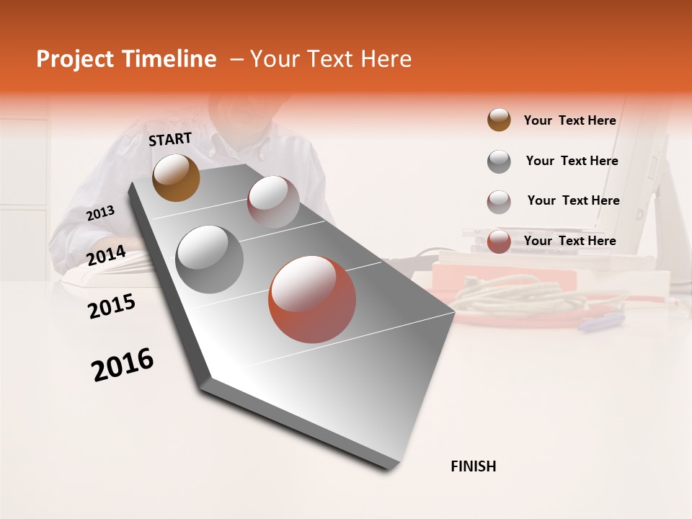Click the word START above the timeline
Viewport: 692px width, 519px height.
click(170, 139)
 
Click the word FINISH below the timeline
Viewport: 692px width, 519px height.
click(473, 466)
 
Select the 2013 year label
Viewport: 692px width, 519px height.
click(101, 213)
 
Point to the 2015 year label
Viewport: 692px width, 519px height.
click(112, 306)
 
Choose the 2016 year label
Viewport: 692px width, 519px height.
click(123, 364)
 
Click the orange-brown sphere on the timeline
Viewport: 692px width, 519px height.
click(176, 177)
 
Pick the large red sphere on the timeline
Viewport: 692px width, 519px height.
click(312, 299)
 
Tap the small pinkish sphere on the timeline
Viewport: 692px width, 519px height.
click(273, 202)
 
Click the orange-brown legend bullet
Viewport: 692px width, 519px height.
click(499, 120)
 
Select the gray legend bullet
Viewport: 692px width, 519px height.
click(499, 161)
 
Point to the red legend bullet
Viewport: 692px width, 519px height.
click(499, 241)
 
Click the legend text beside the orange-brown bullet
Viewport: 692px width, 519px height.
click(569, 120)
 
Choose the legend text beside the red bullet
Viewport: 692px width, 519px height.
click(569, 241)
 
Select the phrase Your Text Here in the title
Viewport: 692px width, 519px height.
click(330, 59)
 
